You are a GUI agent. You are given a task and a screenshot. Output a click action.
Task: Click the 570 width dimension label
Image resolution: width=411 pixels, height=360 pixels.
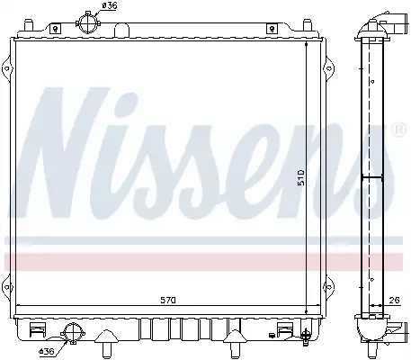tap(167, 300)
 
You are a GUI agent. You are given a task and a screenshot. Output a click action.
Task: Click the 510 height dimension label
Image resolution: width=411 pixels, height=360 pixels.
tap(300, 177)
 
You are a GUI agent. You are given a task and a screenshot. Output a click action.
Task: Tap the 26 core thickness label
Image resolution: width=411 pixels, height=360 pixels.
tap(396, 300)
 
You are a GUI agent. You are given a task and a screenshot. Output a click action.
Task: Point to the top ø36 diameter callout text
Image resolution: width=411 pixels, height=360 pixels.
tap(110, 5)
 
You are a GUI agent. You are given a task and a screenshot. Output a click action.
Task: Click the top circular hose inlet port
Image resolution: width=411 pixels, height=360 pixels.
tap(88, 22)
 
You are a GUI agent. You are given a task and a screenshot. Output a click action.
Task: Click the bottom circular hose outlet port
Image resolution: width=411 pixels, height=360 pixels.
tap(73, 333)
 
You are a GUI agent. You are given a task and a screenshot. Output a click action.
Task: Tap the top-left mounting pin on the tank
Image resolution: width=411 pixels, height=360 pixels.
tap(28, 25)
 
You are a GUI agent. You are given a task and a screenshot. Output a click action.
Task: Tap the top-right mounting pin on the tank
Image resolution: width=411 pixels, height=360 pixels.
tap(308, 25)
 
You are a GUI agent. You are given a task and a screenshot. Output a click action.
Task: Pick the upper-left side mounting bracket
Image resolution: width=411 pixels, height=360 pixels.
tap(7, 69)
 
